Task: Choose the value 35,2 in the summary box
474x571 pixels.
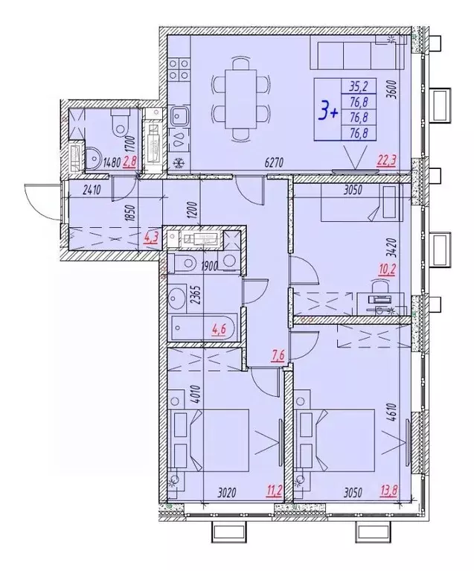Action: tap(359, 84)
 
